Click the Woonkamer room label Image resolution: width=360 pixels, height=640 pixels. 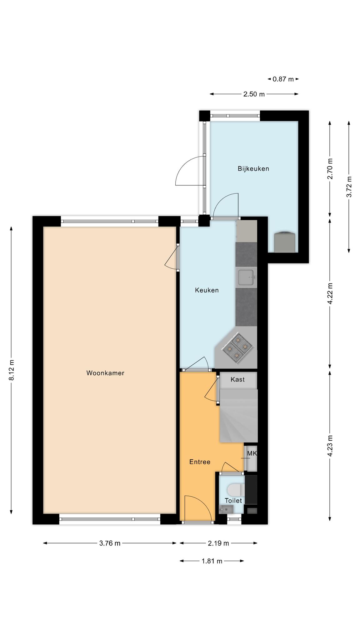[105, 373]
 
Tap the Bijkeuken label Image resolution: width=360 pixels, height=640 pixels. [253, 169]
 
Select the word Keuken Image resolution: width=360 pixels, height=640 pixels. [207, 290]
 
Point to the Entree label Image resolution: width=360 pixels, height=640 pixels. [200, 462]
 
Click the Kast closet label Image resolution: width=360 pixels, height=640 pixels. [237, 379]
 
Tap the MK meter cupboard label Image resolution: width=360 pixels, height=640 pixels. [252, 453]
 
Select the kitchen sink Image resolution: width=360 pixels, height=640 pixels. [247, 277]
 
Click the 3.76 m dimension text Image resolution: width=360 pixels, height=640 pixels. [110, 543]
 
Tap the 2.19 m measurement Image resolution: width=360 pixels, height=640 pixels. [218, 543]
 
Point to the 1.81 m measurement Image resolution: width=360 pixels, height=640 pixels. [212, 561]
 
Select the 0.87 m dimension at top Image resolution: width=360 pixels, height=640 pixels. [283, 79]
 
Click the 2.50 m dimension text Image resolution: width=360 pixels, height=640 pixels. [254, 94]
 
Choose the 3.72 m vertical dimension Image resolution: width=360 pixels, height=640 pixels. [349, 187]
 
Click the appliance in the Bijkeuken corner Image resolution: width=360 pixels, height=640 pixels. [285, 242]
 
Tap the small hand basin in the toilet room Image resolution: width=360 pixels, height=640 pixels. [226, 510]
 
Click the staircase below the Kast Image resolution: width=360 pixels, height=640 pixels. [239, 416]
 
